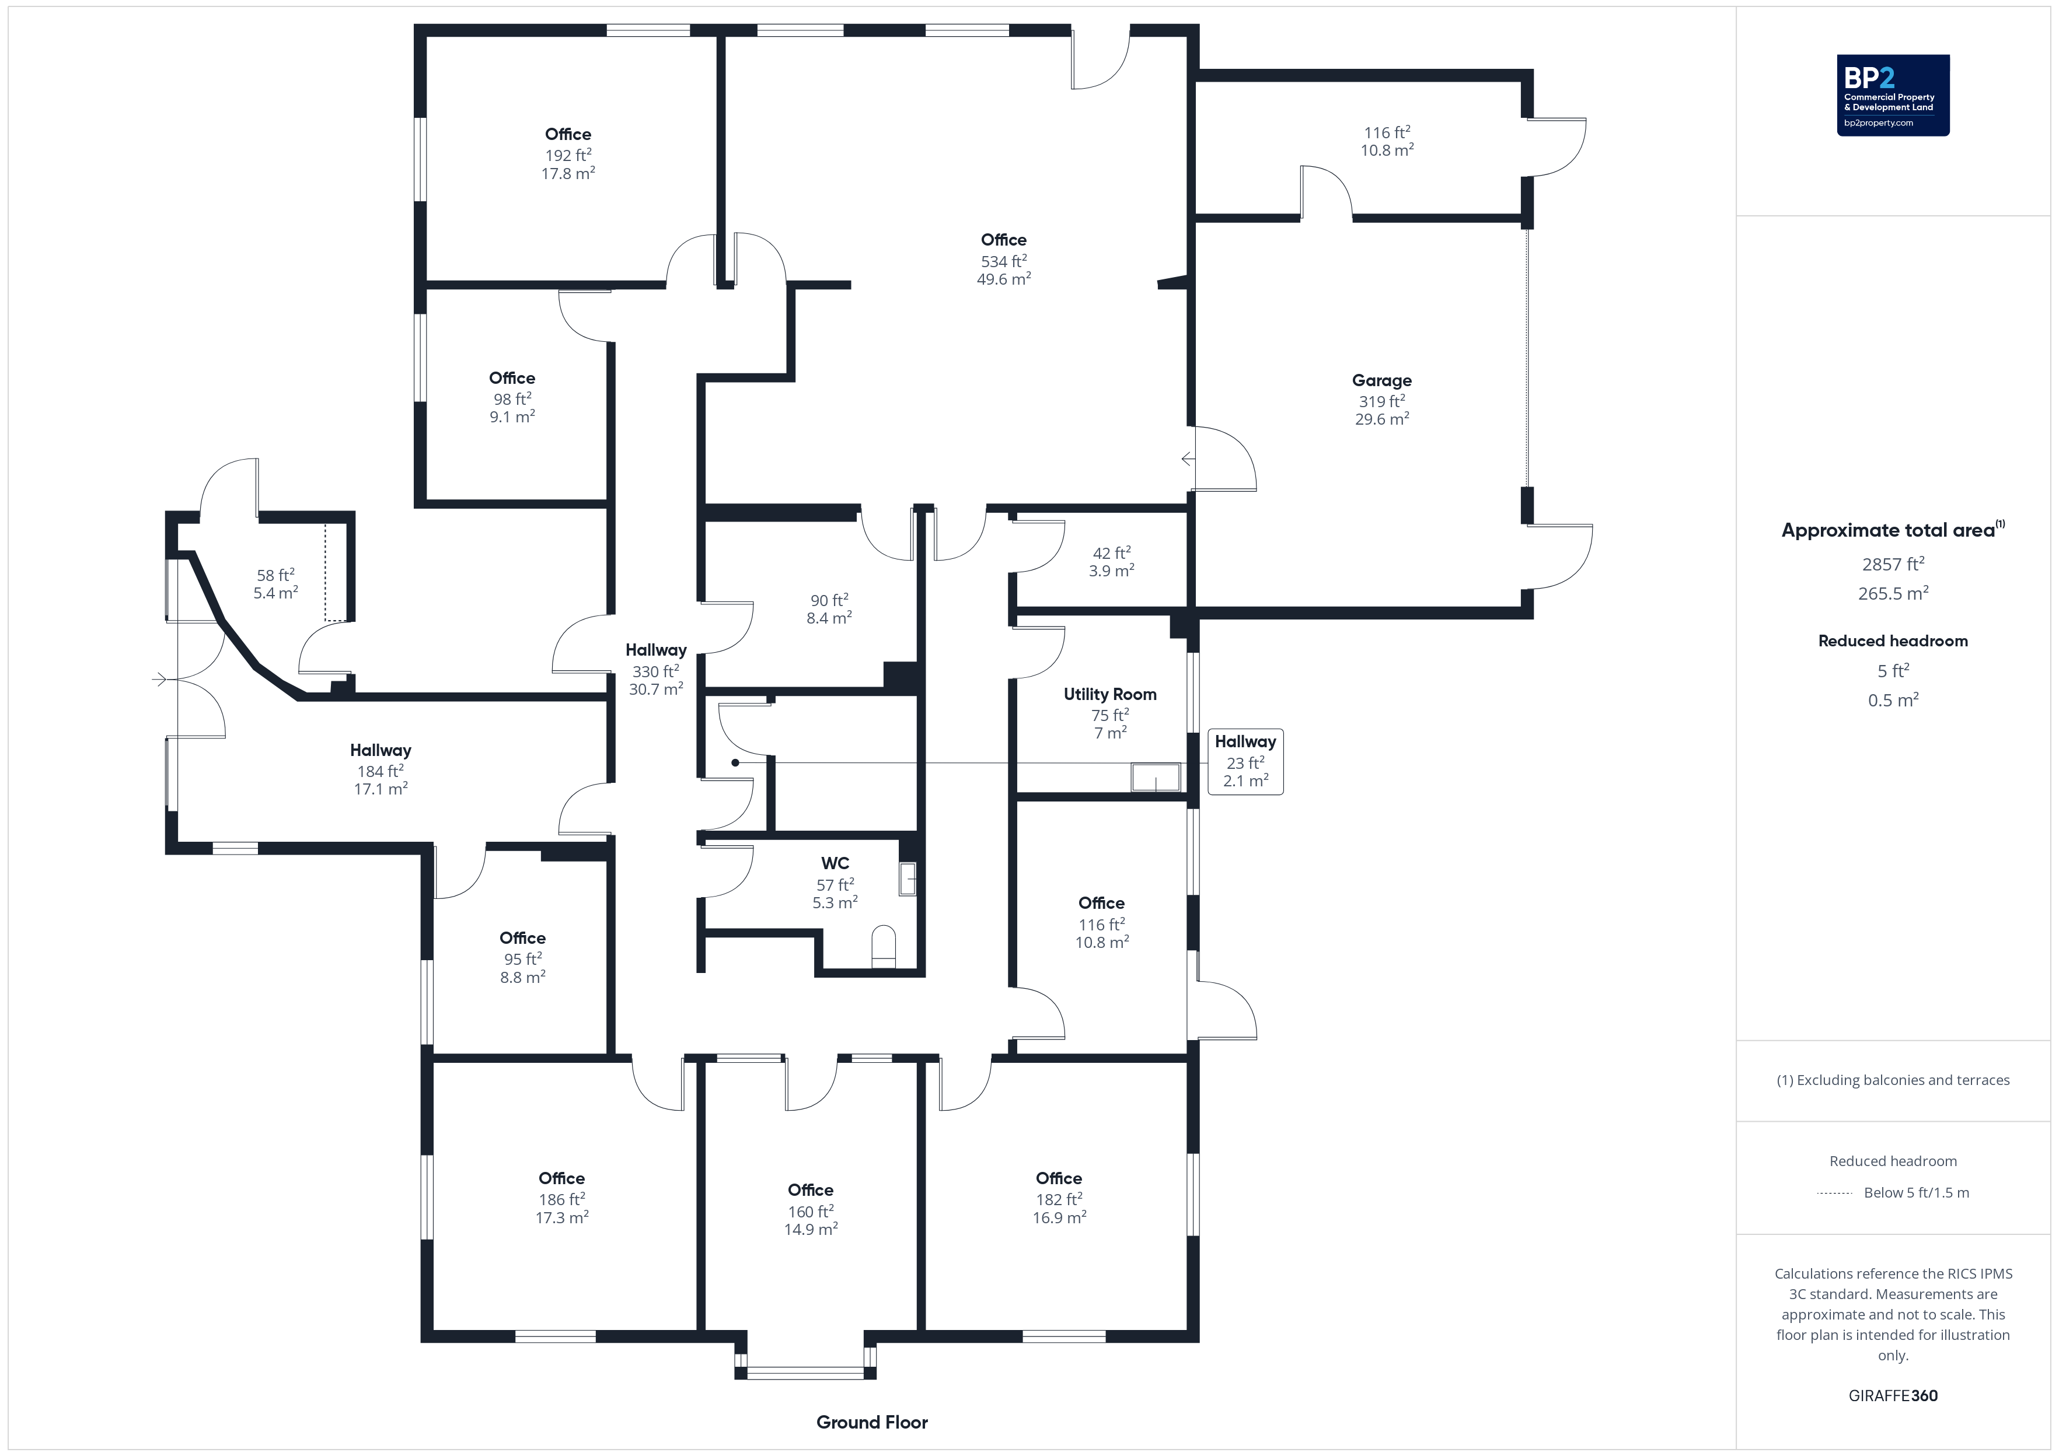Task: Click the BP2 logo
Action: (x=1893, y=95)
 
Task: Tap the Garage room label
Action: (x=1382, y=380)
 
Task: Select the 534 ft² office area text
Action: (x=1003, y=261)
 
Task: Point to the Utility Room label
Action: (x=1110, y=694)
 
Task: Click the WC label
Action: (x=835, y=863)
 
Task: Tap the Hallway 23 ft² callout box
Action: (x=1245, y=761)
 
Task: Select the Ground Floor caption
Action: (x=872, y=1422)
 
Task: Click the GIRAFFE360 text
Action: (x=1893, y=1395)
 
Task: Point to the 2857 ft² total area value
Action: (x=1893, y=564)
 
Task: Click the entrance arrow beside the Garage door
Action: (x=1188, y=459)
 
